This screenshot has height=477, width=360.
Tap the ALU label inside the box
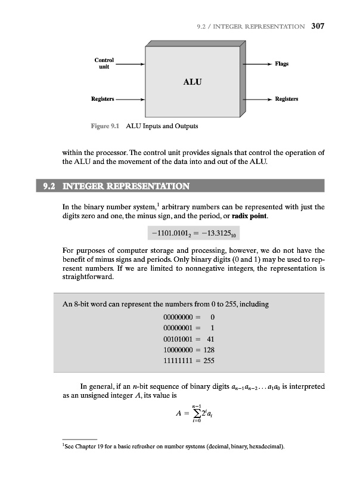pyautogui.click(x=191, y=82)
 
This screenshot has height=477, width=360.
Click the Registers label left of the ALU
pyautogui.click(x=103, y=99)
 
